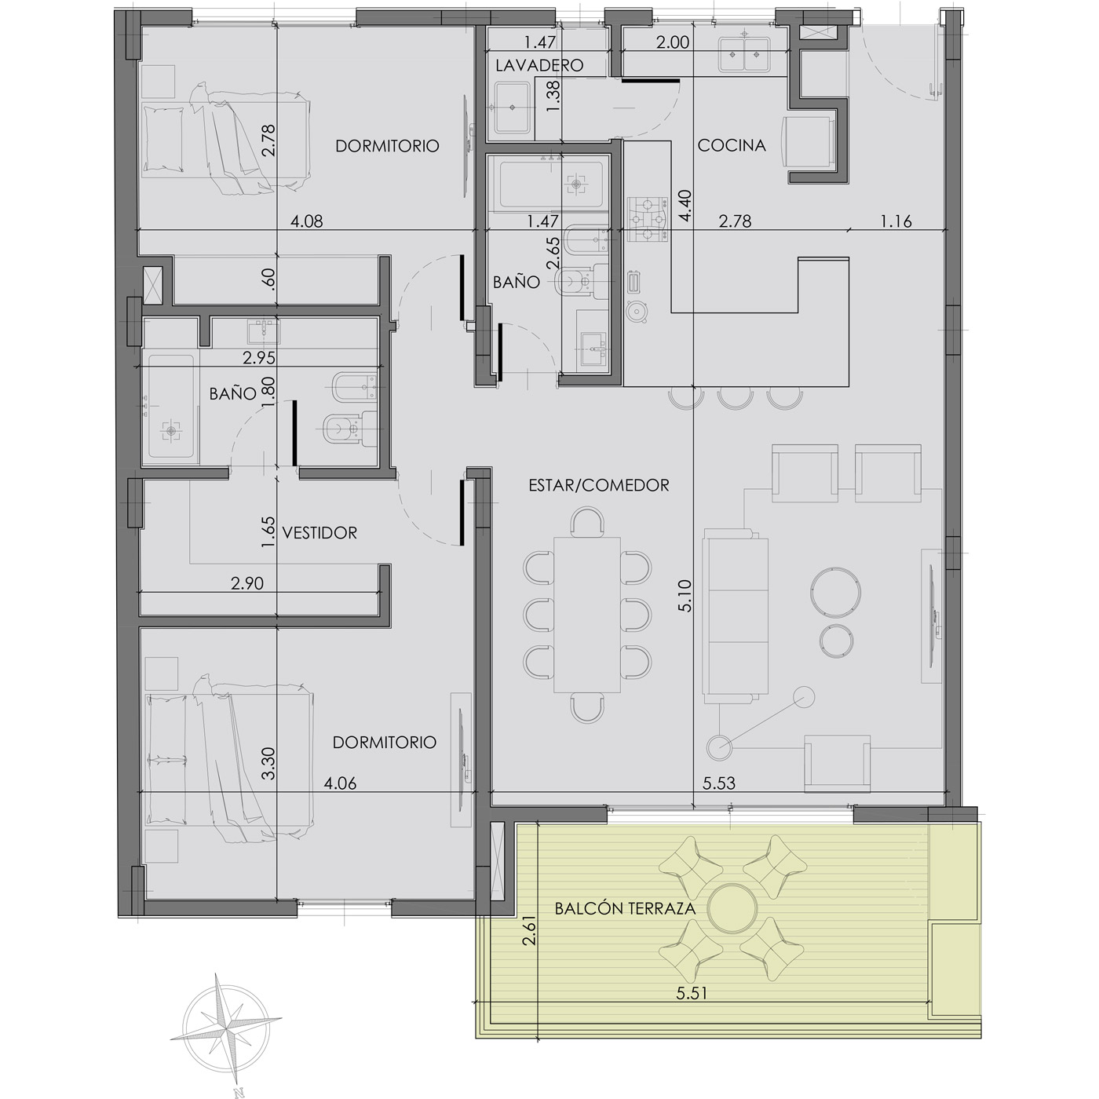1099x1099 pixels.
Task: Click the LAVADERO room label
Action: [x=539, y=66]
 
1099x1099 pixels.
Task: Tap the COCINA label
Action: [x=732, y=145]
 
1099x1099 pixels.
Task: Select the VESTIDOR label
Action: [x=320, y=533]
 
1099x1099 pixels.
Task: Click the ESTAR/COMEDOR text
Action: [x=599, y=485]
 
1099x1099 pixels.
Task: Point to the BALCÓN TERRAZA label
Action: [x=625, y=908]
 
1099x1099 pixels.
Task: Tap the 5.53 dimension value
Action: [x=718, y=783]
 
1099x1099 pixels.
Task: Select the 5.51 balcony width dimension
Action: [x=692, y=993]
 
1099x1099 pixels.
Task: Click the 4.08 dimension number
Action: [x=307, y=221]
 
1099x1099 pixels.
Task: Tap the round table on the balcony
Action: [x=732, y=908]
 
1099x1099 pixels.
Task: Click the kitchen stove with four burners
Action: [x=648, y=218]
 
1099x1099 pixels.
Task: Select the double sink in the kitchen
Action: [x=743, y=55]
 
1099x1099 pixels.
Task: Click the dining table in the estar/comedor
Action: [x=587, y=615]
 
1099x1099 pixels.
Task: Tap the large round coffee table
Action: [x=835, y=592]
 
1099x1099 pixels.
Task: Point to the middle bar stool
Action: [x=732, y=397]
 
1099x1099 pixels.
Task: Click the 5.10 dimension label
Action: [x=685, y=596]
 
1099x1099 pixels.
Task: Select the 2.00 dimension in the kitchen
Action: [x=673, y=42]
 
